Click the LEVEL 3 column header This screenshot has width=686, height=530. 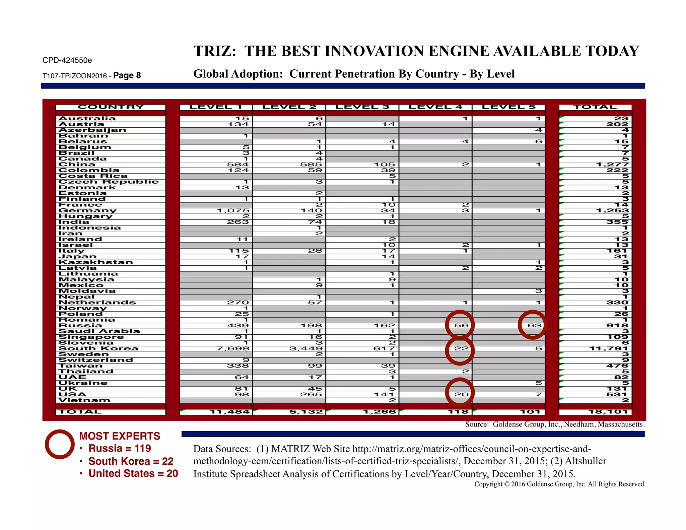pos(362,107)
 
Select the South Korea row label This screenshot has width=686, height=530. pos(98,348)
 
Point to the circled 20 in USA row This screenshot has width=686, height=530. pos(461,394)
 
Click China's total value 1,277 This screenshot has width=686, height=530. pos(612,164)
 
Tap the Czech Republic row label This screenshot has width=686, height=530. pos(108,182)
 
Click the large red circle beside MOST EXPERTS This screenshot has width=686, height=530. pos(60,444)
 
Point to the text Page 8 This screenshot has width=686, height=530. pos(127,75)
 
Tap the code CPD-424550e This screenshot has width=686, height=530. pos(67,60)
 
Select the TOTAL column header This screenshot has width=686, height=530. pos(595,107)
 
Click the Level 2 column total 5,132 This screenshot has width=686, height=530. pos(306,412)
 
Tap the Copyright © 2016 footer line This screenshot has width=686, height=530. pos(559,484)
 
